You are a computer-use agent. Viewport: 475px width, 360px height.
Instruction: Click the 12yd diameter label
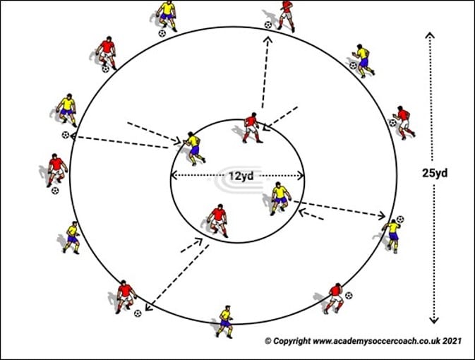click(x=238, y=175)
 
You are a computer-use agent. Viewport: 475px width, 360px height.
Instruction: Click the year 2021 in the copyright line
click(x=451, y=341)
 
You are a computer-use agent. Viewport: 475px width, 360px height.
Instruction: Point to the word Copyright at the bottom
click(x=294, y=341)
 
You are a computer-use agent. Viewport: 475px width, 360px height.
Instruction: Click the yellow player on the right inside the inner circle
click(x=280, y=198)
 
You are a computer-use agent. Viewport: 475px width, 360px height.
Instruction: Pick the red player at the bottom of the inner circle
click(x=219, y=220)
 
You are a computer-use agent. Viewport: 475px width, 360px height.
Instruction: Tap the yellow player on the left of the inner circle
click(x=193, y=146)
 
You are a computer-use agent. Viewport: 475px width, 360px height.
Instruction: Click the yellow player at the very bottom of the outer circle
click(x=225, y=321)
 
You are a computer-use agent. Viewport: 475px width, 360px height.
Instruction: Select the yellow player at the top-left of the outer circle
click(x=167, y=14)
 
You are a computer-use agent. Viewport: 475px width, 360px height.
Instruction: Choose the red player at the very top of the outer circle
click(x=285, y=13)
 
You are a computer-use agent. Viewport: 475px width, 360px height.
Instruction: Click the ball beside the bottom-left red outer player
click(x=138, y=313)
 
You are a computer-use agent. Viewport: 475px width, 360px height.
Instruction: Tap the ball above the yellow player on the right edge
click(x=400, y=220)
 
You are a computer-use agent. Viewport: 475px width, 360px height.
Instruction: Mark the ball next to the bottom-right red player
click(x=348, y=295)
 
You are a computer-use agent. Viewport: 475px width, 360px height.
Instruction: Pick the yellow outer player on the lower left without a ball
click(x=72, y=237)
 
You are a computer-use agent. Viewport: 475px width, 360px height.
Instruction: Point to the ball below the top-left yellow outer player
click(x=162, y=32)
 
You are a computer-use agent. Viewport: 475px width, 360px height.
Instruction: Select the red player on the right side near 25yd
click(x=403, y=121)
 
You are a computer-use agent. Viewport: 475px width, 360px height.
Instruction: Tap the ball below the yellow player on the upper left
click(x=65, y=135)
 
